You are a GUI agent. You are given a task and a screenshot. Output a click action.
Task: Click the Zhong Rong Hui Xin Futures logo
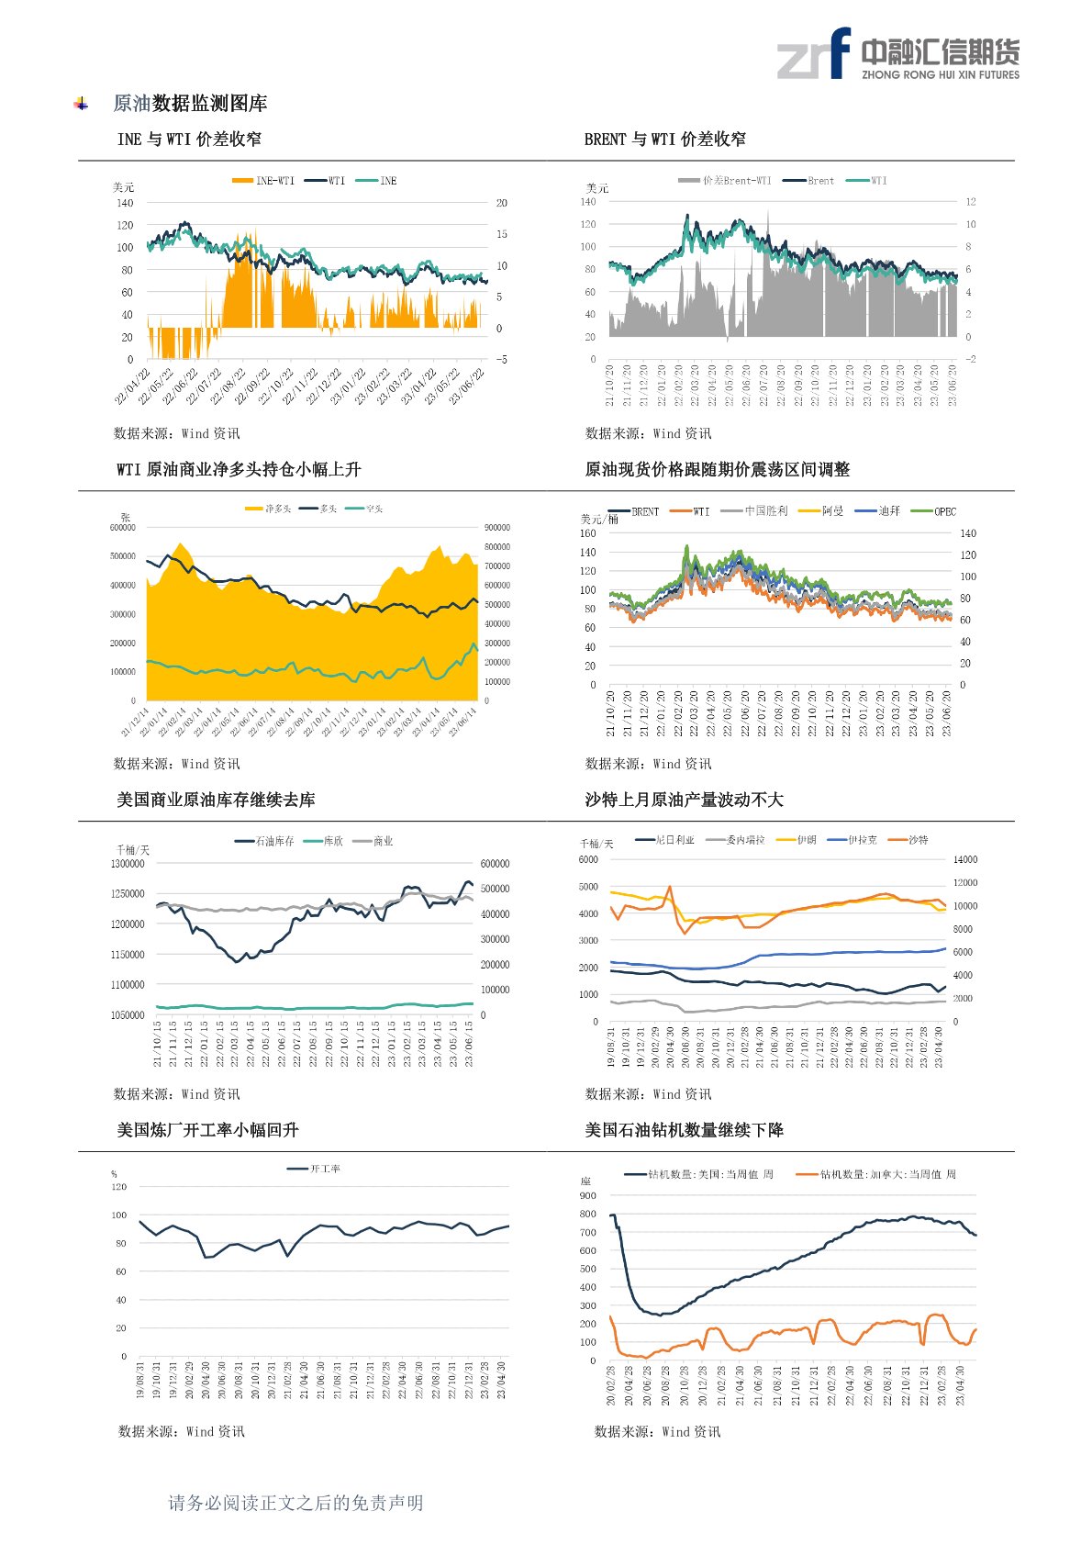pos(897,53)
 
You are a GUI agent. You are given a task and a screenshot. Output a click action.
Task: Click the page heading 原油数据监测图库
pos(190,104)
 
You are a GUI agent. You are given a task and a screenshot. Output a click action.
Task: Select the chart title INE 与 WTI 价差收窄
pos(189,140)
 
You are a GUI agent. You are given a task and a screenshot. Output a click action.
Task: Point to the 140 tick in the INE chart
pos(125,203)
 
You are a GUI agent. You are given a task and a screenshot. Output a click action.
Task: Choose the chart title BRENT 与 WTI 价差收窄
pos(664,140)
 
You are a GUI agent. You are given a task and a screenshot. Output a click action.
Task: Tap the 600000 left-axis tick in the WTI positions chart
pos(123,528)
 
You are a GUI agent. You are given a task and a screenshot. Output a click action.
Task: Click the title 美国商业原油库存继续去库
pos(216,800)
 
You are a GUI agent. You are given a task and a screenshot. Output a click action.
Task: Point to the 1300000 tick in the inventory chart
pos(128,864)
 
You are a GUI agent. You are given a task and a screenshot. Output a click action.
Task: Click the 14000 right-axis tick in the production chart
pos(965,860)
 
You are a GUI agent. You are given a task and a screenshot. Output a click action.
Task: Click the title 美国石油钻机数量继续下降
pos(684,1130)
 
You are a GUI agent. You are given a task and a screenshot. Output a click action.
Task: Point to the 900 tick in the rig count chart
pos(587,1196)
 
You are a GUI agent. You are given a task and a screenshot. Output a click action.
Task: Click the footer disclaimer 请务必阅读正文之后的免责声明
pos(295,1503)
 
